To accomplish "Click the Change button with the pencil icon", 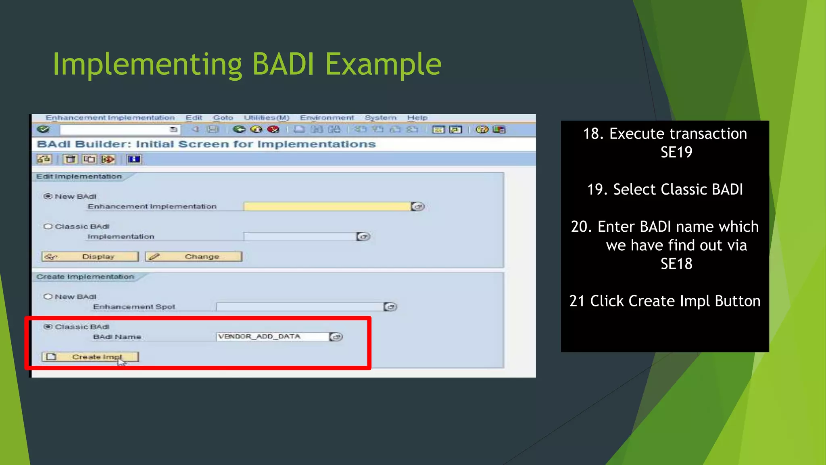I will click(x=194, y=257).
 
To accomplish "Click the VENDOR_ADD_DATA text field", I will click(x=272, y=337).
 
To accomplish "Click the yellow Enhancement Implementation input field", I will click(x=327, y=207).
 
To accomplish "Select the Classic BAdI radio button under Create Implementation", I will click(x=48, y=327).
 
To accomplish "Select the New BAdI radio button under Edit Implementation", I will click(x=48, y=196).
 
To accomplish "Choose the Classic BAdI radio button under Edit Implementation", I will click(x=48, y=226).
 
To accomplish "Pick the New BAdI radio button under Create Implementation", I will click(x=48, y=297).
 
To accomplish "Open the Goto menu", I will click(x=223, y=118).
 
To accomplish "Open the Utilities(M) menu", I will click(x=267, y=118).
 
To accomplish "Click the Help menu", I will click(x=417, y=118).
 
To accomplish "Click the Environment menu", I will click(x=327, y=118).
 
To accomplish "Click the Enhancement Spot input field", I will click(x=299, y=307).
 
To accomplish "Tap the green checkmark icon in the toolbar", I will click(x=43, y=129).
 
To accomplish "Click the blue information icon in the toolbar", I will click(x=134, y=159).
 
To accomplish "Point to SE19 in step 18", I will click(x=676, y=152).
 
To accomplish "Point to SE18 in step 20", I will click(x=676, y=264).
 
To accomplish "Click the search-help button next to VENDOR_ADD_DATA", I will click(x=336, y=337).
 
